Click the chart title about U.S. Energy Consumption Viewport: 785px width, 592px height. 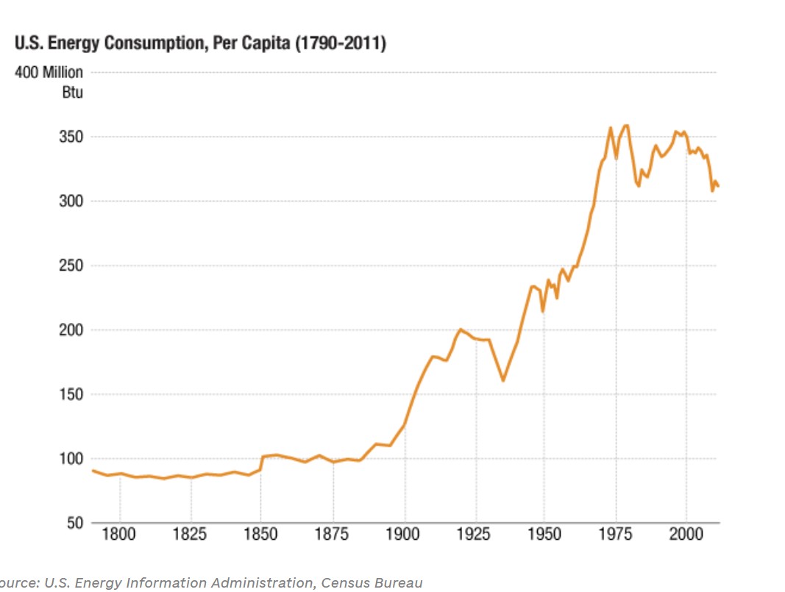click(x=200, y=43)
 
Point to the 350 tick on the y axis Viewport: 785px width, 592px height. click(x=71, y=138)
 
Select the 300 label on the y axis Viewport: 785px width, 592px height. click(x=71, y=202)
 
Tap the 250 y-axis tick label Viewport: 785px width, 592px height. click(x=71, y=266)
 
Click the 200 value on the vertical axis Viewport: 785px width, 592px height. click(x=71, y=330)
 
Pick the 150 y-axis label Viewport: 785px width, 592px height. click(x=71, y=395)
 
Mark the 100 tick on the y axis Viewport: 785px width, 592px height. click(x=71, y=459)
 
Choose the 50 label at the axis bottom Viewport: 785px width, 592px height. click(x=74, y=524)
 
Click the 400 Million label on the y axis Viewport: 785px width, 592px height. click(x=49, y=74)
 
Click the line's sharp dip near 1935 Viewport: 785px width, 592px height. click(x=503, y=380)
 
